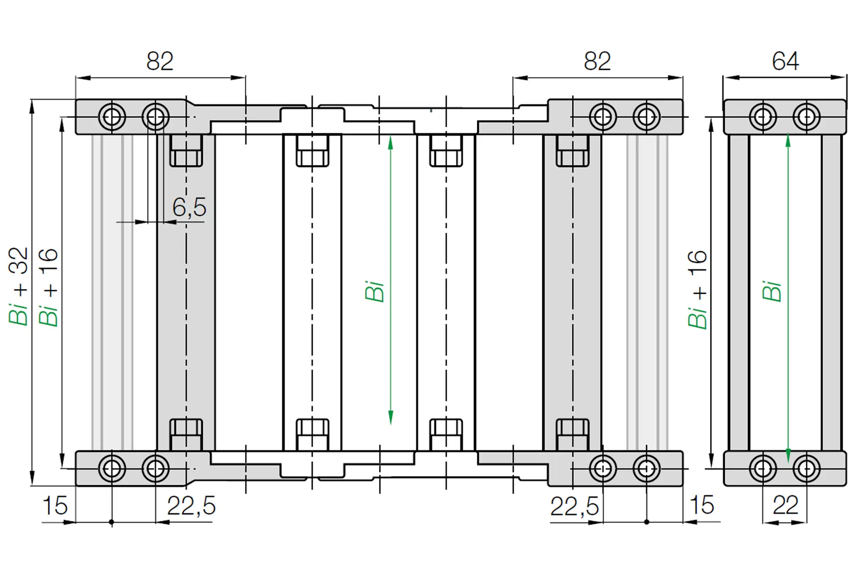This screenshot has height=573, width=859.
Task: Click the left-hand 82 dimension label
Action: point(160,61)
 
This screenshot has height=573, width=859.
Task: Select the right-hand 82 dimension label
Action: point(597,61)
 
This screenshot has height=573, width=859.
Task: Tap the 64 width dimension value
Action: point(785,61)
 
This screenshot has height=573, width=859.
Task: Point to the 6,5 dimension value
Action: point(190,207)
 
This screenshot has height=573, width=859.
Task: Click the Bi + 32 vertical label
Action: point(18,286)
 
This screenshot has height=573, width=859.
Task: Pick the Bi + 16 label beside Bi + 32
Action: point(48,288)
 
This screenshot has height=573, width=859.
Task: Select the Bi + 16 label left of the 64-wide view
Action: point(697,289)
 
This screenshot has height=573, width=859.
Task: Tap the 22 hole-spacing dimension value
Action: point(785,505)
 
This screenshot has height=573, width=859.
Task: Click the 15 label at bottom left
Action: point(55,505)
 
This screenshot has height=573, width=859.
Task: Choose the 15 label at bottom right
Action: point(702,505)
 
